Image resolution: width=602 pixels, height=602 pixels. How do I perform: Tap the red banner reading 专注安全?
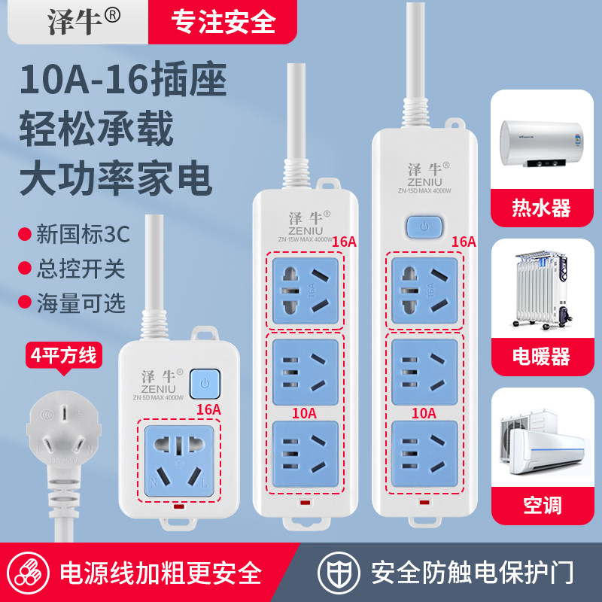click(x=224, y=22)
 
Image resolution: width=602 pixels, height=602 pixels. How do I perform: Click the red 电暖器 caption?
click(x=541, y=355)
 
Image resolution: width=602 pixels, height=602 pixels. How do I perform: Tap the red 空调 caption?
click(x=541, y=503)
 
